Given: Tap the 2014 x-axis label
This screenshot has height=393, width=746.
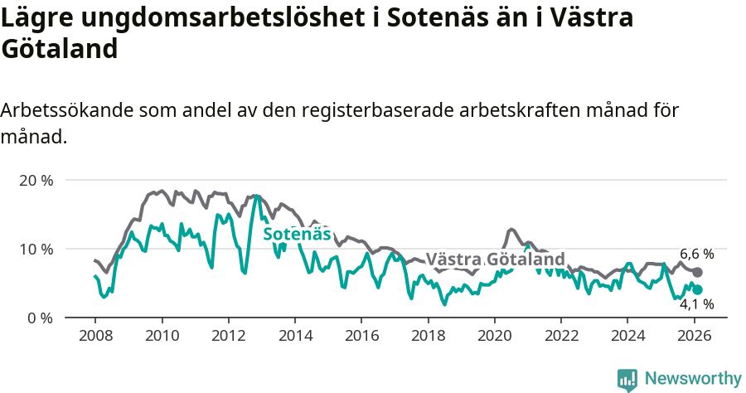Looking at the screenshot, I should (294, 337).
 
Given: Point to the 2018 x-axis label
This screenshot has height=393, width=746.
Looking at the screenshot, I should (428, 337).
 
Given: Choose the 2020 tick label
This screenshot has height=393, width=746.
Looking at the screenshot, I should (494, 337).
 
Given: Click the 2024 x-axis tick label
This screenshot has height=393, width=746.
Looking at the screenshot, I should (627, 337).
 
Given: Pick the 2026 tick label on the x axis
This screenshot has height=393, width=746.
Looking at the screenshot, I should (694, 337).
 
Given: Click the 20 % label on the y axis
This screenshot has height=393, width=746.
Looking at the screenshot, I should (36, 180).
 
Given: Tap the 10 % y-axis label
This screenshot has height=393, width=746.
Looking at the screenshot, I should (36, 249).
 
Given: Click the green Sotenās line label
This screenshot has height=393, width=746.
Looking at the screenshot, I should (297, 235).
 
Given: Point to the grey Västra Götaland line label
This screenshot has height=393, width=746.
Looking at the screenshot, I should (495, 259).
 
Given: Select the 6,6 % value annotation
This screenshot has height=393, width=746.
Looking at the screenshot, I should (696, 254).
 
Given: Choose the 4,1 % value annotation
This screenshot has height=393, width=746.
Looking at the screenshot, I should (696, 304).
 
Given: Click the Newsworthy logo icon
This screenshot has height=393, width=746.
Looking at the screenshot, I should (627, 379).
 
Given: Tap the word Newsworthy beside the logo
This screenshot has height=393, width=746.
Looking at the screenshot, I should (692, 379).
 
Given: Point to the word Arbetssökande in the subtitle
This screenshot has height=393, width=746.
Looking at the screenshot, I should (66, 110).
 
